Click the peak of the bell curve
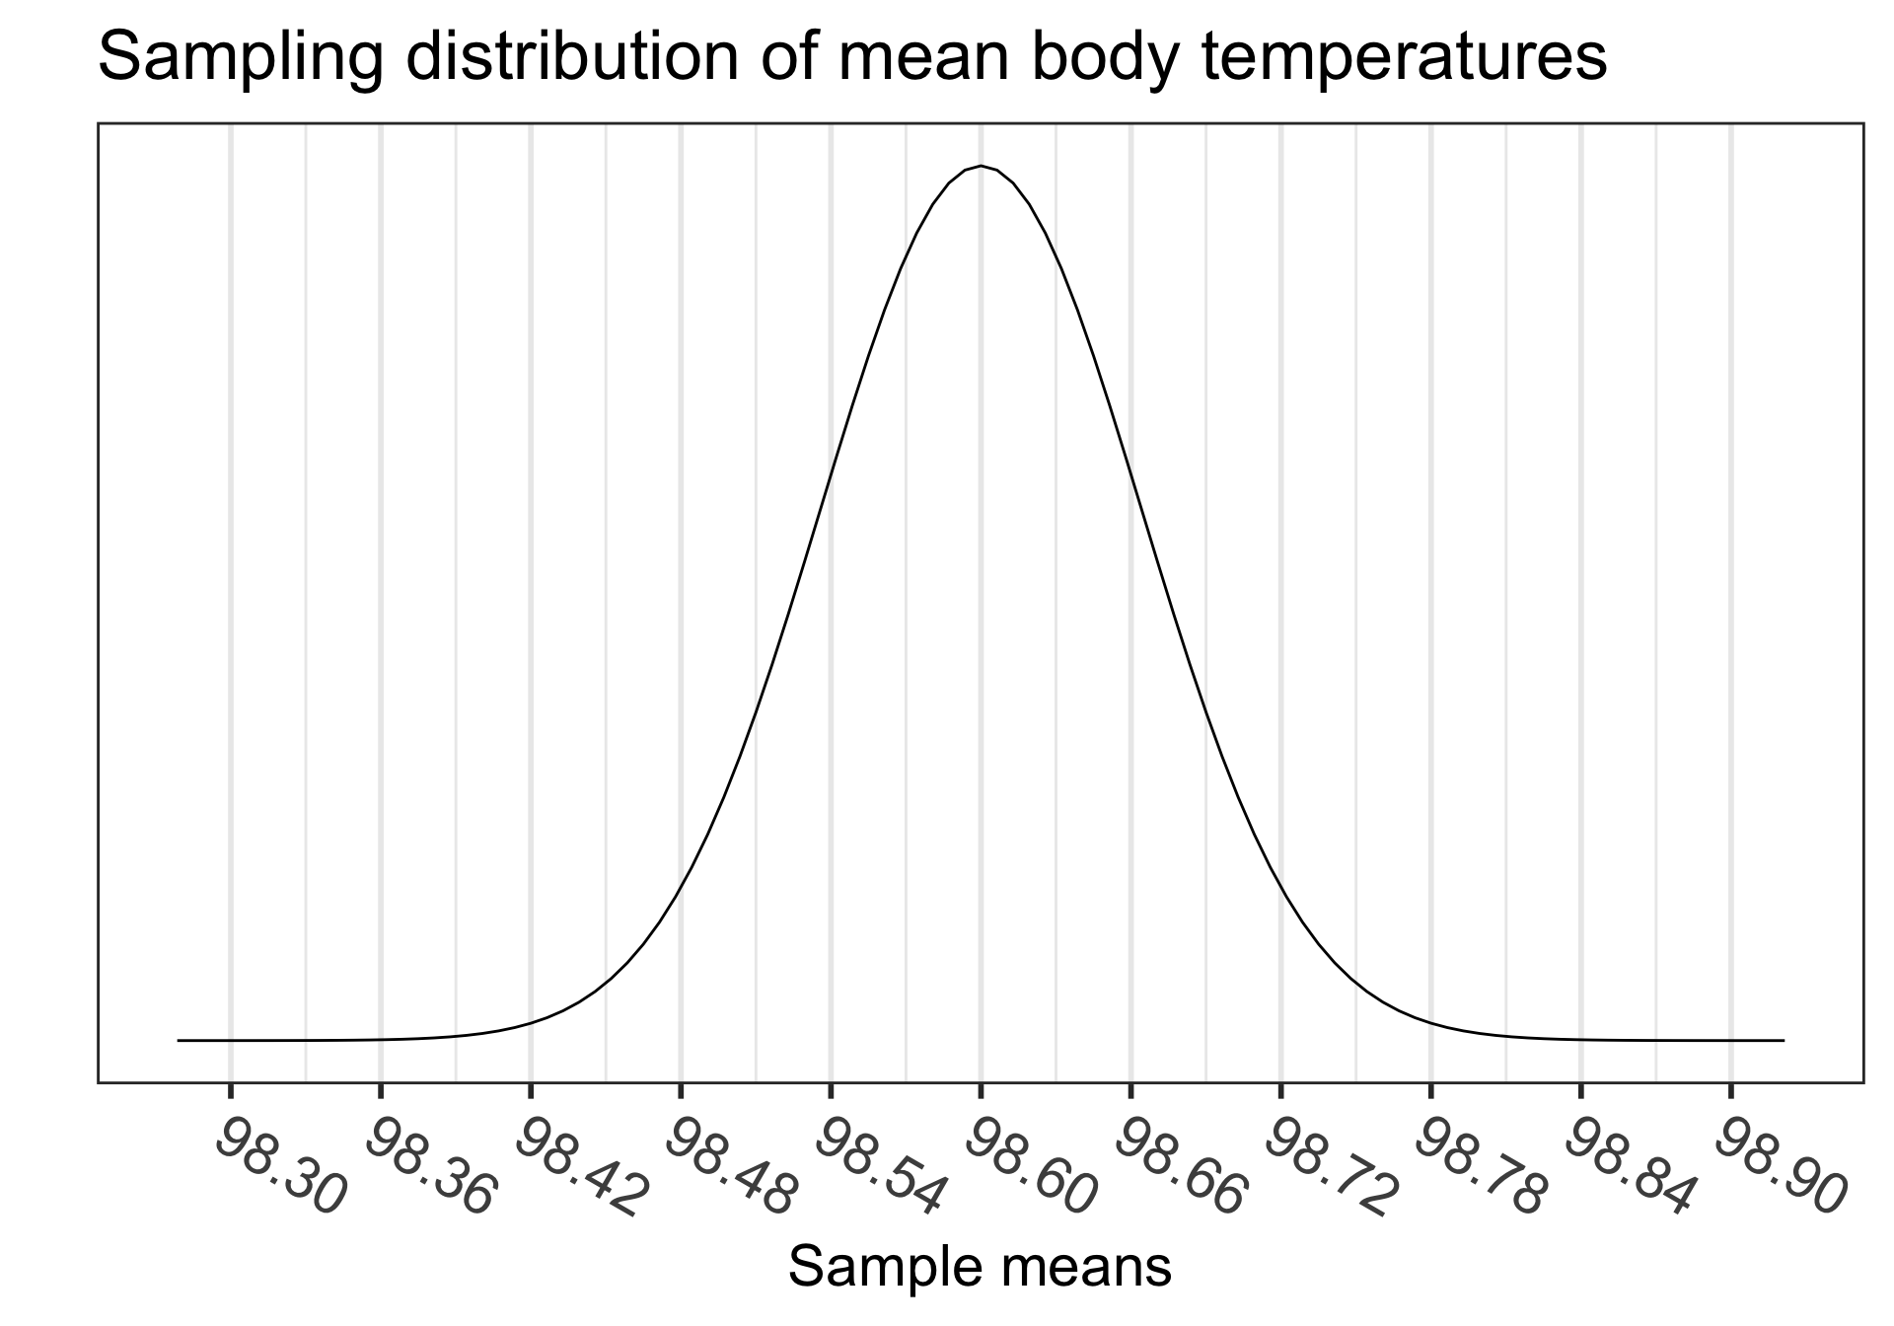coord(981,166)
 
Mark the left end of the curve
coord(179,1040)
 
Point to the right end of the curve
coord(1784,1040)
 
